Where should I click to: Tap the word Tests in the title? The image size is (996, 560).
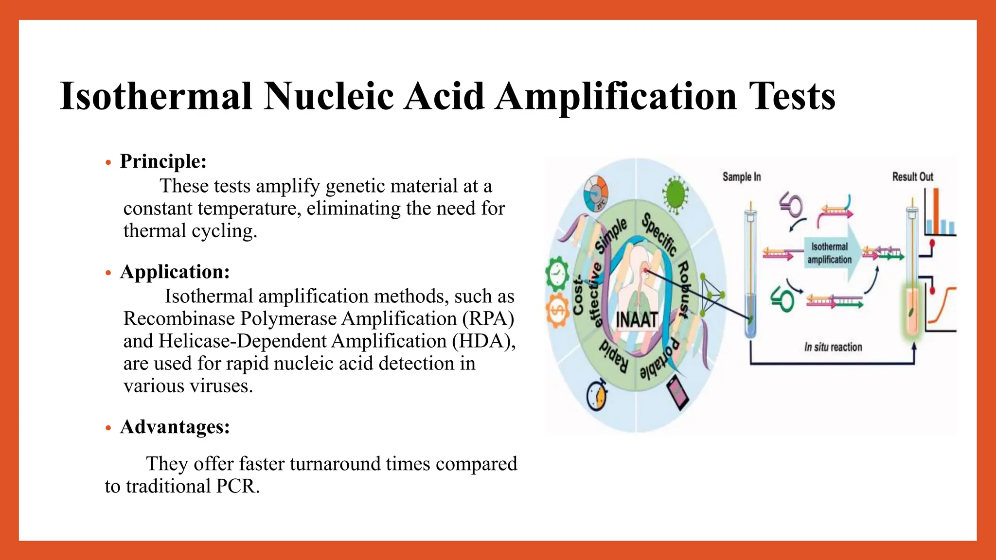click(x=792, y=96)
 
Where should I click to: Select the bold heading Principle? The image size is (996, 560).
click(x=163, y=161)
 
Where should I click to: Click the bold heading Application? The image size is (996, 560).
click(x=175, y=272)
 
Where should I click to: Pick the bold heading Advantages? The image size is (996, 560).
click(x=175, y=427)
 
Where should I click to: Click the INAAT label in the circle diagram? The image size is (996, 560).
click(x=637, y=320)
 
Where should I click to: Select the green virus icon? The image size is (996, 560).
click(x=676, y=194)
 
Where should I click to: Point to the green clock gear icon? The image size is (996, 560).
click(x=557, y=274)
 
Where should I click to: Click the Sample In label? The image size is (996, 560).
click(x=741, y=177)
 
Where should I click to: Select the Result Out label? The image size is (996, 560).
click(x=912, y=177)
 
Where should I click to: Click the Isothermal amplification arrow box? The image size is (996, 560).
click(x=830, y=253)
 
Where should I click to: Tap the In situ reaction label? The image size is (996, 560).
click(x=833, y=347)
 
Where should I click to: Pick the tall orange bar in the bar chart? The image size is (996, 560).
click(x=935, y=211)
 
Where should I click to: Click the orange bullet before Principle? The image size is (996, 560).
click(x=108, y=163)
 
